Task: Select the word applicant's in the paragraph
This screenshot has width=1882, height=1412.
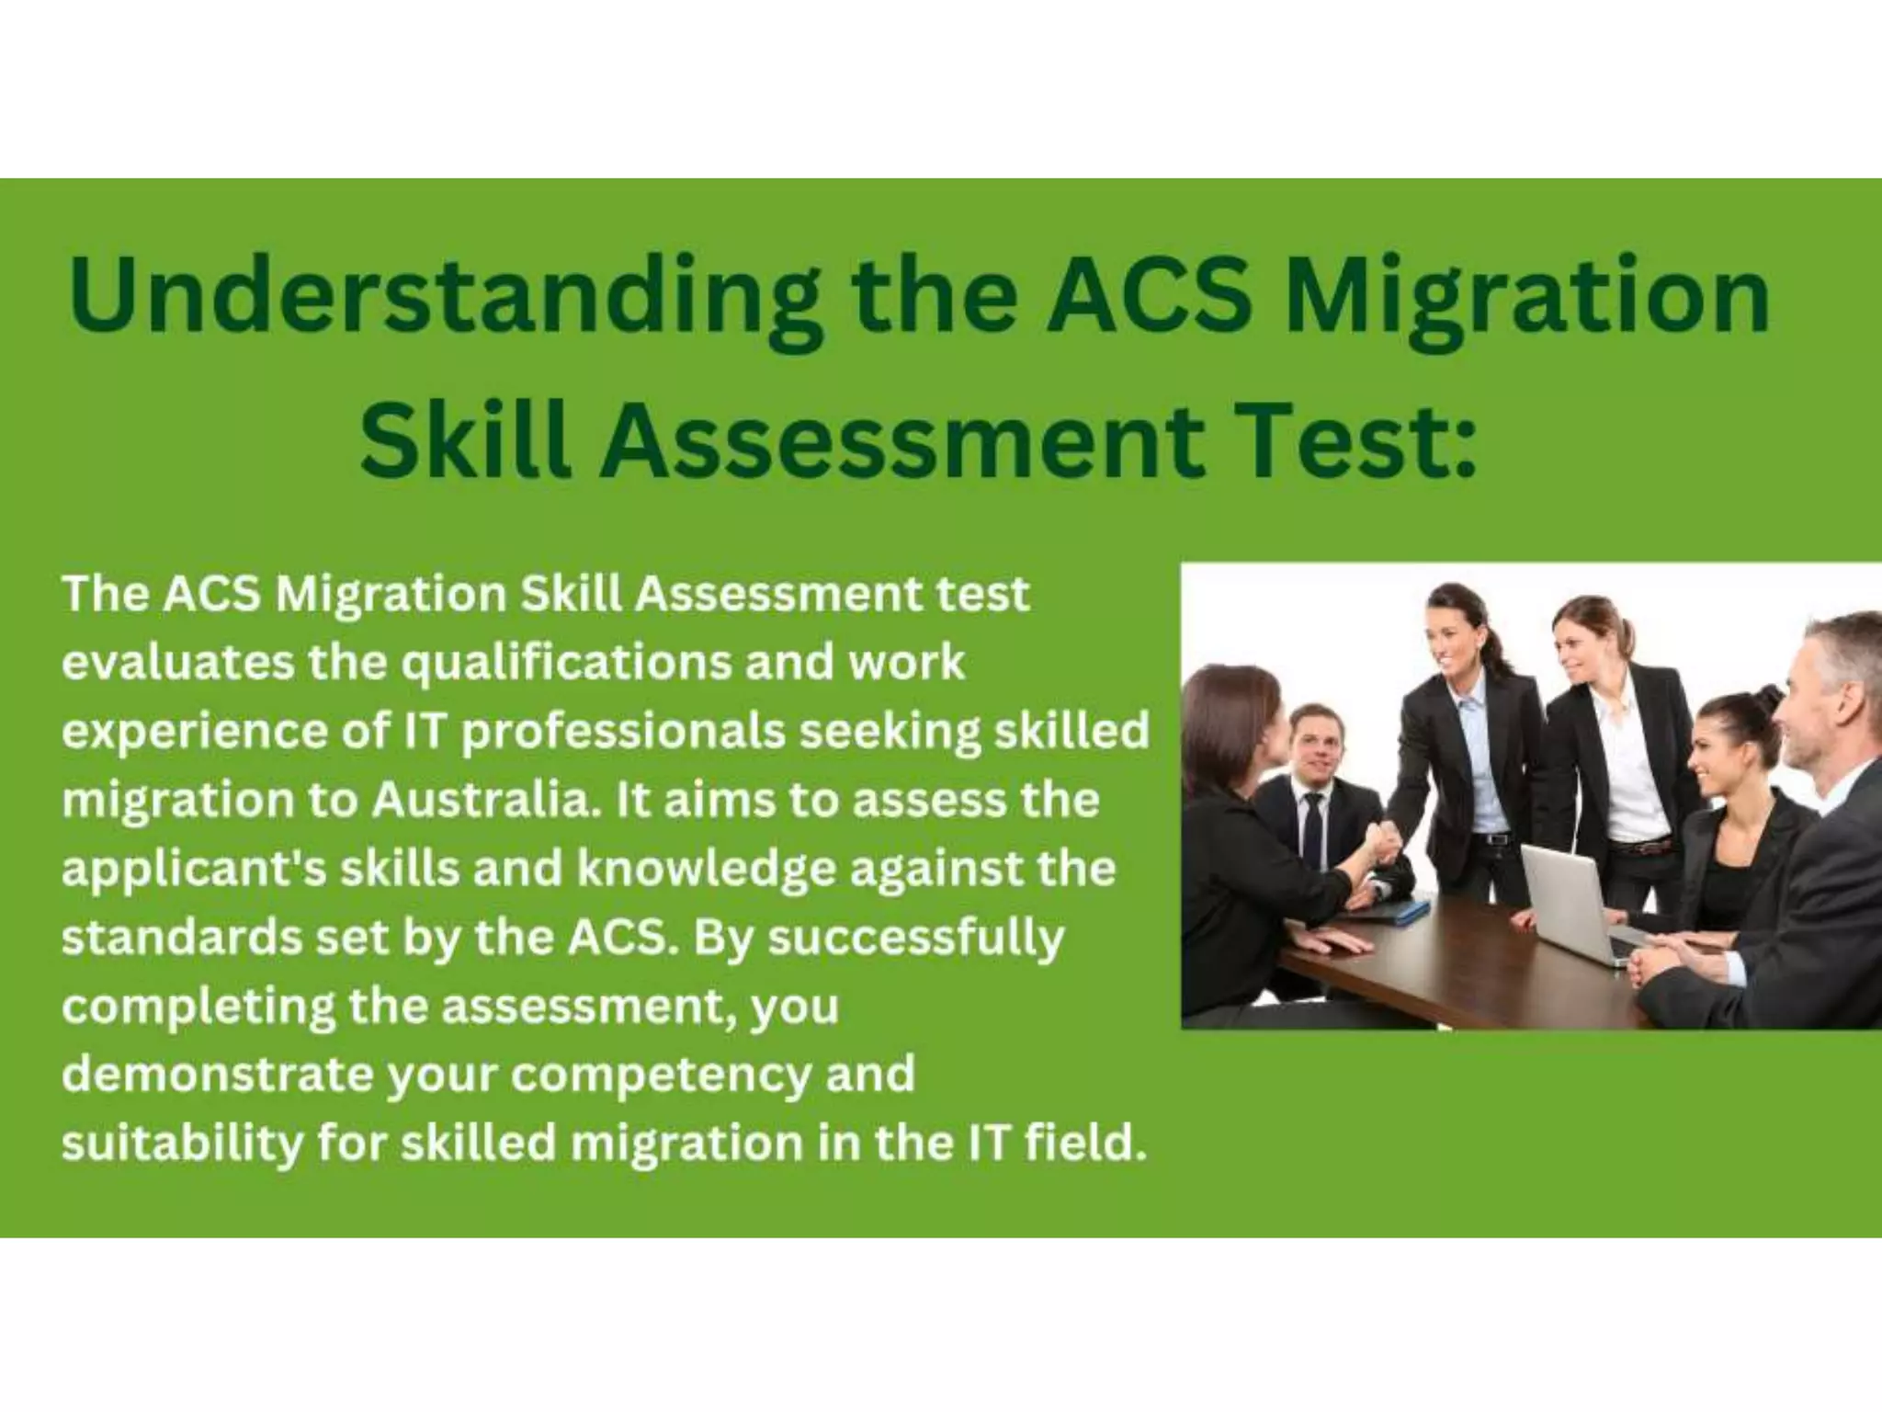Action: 194,870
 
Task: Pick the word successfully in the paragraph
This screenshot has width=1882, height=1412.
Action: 915,939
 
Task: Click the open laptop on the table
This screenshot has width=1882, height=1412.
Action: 1568,901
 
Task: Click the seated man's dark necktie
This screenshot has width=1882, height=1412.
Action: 1314,827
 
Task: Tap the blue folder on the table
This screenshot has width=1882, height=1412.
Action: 1397,910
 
